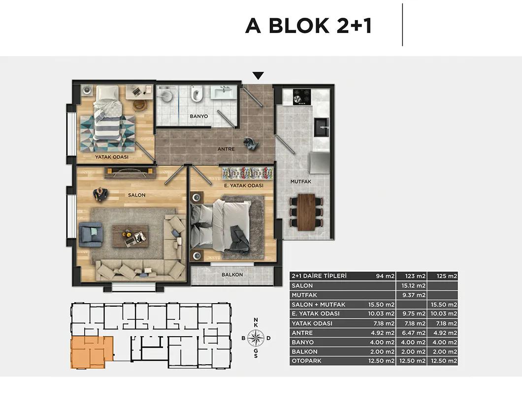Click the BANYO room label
[199, 116]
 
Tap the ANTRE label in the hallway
[226, 149]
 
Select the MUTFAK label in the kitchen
[300, 182]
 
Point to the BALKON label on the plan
[232, 275]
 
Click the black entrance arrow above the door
[258, 76]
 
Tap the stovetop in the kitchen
[301, 97]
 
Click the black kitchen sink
[322, 127]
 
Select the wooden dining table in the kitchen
[306, 212]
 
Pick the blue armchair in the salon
[91, 234]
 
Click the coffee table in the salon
[130, 236]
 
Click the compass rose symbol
[256, 338]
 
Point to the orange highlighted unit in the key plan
[92, 352]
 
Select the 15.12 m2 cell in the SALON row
[413, 286]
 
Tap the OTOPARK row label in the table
[306, 361]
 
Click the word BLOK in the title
[299, 26]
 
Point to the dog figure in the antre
[250, 143]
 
